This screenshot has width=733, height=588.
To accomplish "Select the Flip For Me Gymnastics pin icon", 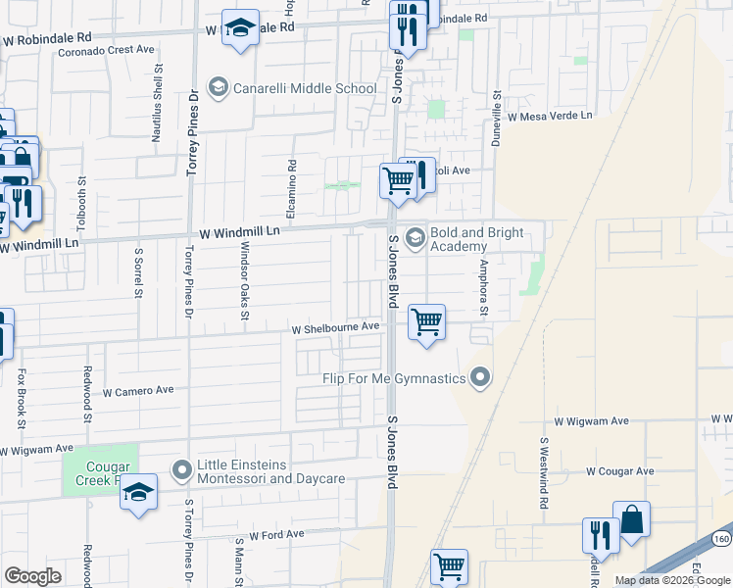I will pos(480,377).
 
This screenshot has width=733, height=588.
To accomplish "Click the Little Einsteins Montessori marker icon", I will pos(181,471).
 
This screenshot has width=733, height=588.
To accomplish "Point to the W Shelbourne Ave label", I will pos(335,327).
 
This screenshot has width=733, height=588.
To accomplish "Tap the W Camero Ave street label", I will pos(137,390).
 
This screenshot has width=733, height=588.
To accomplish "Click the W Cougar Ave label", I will pos(620,471).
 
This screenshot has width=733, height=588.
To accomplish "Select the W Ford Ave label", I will pos(276,535).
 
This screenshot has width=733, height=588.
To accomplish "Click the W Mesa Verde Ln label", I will pos(550,116).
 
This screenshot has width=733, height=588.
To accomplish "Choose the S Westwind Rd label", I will pos(542,472).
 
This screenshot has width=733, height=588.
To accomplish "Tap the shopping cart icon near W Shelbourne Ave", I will pos(426,321).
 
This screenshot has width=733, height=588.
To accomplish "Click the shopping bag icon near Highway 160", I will pos(632,520).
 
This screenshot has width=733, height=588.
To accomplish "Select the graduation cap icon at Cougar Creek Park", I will pos(139,492).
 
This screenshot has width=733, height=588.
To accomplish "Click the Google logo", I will pos(33,576).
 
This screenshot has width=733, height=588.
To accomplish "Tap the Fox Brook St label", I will pos(21,398).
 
